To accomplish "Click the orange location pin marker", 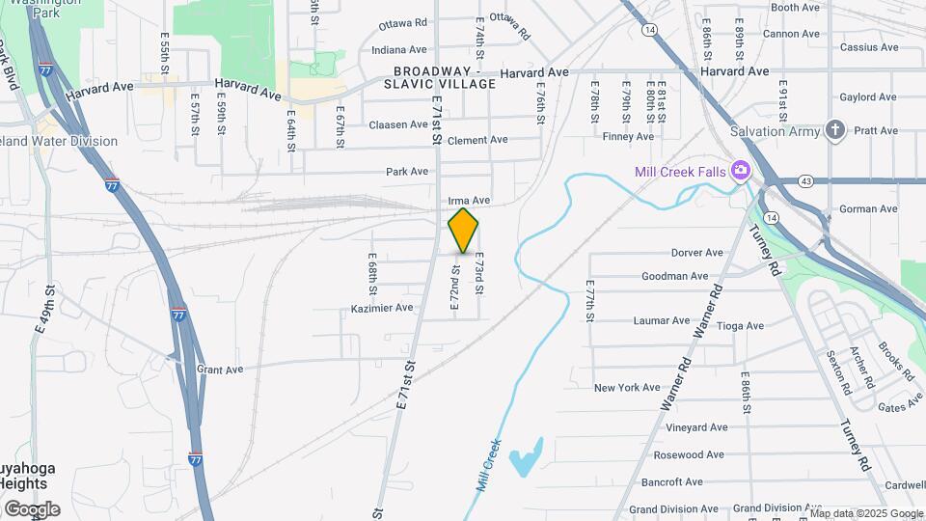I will tap(463, 231).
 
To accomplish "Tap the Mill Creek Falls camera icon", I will tap(741, 171).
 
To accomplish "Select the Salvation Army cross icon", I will tap(835, 130).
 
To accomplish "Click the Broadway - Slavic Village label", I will tap(445, 78).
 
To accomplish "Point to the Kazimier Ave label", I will tap(382, 308).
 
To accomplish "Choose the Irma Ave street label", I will tap(470, 201).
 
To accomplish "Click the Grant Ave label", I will tap(220, 370).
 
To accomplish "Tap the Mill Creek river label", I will tap(490, 464).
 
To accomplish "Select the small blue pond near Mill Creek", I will tap(526, 457).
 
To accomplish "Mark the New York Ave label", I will tap(626, 388).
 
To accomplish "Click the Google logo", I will tap(32, 508).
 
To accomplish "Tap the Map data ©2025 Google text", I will tap(866, 513).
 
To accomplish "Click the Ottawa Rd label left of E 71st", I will tap(403, 23).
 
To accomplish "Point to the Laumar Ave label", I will tap(661, 320).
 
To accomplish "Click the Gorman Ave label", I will tap(868, 209).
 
